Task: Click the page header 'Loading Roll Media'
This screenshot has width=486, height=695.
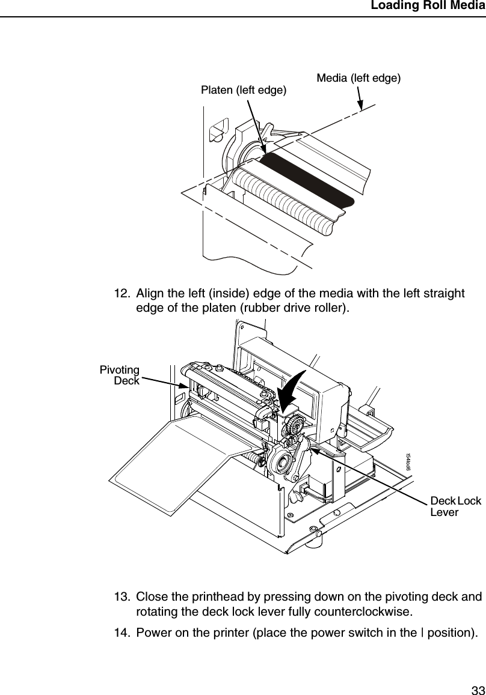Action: point(428,7)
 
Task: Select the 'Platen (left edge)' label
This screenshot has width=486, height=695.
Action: point(244,91)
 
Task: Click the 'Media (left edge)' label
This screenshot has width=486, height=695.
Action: point(358,77)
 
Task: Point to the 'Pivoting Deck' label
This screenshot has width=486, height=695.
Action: point(120,375)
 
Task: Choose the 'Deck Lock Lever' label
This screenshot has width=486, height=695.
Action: point(455,506)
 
